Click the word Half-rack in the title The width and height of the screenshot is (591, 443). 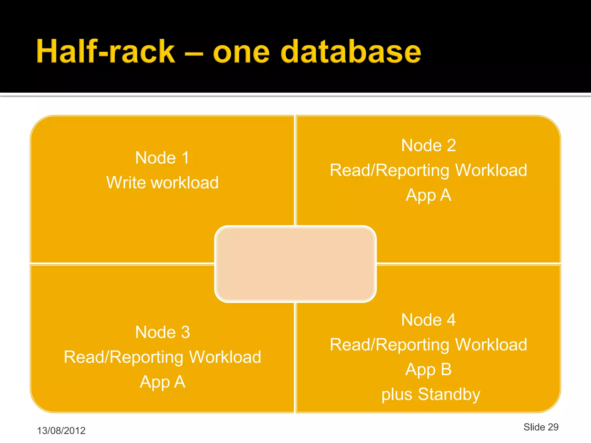pyautogui.click(x=106, y=52)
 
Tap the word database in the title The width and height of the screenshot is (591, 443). pyautogui.click(x=350, y=52)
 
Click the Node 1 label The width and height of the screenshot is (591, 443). pyautogui.click(x=162, y=158)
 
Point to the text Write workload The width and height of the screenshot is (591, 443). pyautogui.click(x=162, y=183)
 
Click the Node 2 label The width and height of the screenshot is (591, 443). pyautogui.click(x=429, y=145)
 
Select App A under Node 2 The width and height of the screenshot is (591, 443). pyautogui.click(x=429, y=195)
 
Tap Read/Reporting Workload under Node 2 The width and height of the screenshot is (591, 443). pyautogui.click(x=429, y=170)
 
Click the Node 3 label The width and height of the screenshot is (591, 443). pyautogui.click(x=162, y=332)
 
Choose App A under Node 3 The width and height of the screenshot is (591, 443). pyautogui.click(x=162, y=382)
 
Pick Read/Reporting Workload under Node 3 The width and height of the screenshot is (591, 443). pyautogui.click(x=162, y=357)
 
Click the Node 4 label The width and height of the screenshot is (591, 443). pyautogui.click(x=429, y=320)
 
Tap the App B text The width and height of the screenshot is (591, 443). pyautogui.click(x=429, y=370)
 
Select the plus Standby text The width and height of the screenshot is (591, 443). pyautogui.click(x=431, y=395)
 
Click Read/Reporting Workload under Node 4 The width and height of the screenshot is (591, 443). pyautogui.click(x=429, y=345)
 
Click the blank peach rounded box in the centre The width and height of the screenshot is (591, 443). pyautogui.click(x=295, y=264)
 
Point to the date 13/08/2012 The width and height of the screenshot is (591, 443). pyautogui.click(x=61, y=431)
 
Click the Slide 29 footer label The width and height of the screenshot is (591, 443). pyautogui.click(x=541, y=427)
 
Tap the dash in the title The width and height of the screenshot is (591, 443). pyautogui.click(x=194, y=54)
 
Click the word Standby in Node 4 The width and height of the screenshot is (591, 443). pyautogui.click(x=449, y=395)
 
